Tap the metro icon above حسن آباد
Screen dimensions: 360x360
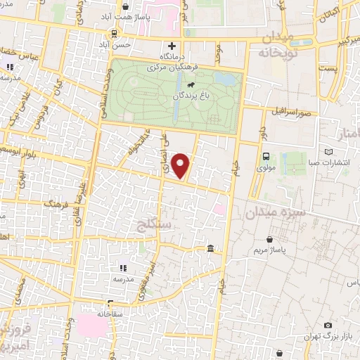pyautogui.click(x=114, y=34)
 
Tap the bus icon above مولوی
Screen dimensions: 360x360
pyautogui.click(x=266, y=157)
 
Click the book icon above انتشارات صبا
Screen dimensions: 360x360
pyautogui.click(x=328, y=151)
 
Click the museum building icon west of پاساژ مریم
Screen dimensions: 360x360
pyautogui.click(x=212, y=249)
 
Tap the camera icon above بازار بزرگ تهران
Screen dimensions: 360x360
pyautogui.click(x=328, y=325)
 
